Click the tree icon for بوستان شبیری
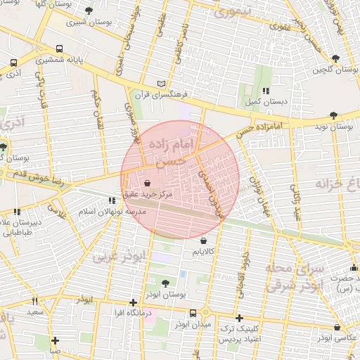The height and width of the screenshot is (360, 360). (x=89, y=11)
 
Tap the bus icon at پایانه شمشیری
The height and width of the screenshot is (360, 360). (x=59, y=50)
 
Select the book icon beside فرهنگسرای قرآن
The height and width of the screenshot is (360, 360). (x=162, y=84)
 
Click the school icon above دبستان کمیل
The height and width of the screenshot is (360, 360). (x=266, y=91)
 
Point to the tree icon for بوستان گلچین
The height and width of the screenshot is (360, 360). (x=334, y=58)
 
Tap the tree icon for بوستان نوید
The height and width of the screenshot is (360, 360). (x=333, y=115)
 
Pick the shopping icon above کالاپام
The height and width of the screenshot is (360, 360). (x=203, y=241)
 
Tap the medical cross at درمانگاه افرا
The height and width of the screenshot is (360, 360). (x=133, y=302)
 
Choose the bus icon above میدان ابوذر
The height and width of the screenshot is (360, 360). (x=193, y=314)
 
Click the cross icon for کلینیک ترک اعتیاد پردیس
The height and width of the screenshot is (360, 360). (x=240, y=318)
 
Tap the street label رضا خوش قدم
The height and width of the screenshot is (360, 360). (x=30, y=178)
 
